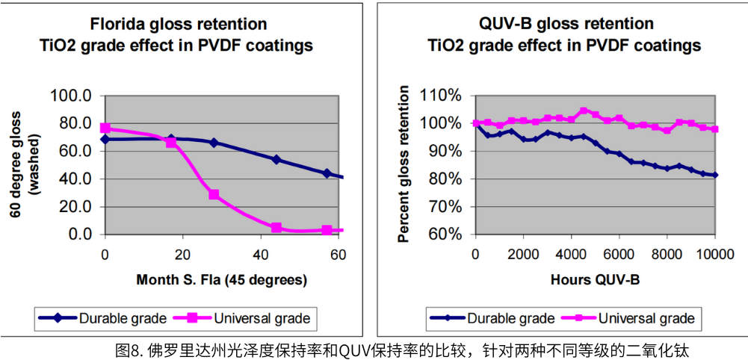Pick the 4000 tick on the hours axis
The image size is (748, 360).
click(571, 254)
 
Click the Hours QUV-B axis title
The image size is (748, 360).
click(594, 280)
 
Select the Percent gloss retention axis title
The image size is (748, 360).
click(404, 164)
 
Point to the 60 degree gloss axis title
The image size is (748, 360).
click(22, 164)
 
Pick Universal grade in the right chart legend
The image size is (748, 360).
click(647, 318)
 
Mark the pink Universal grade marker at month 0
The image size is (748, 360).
click(105, 128)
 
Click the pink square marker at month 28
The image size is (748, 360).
click(214, 194)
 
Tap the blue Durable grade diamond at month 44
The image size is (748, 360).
click(276, 159)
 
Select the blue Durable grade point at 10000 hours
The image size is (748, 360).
click(714, 175)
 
